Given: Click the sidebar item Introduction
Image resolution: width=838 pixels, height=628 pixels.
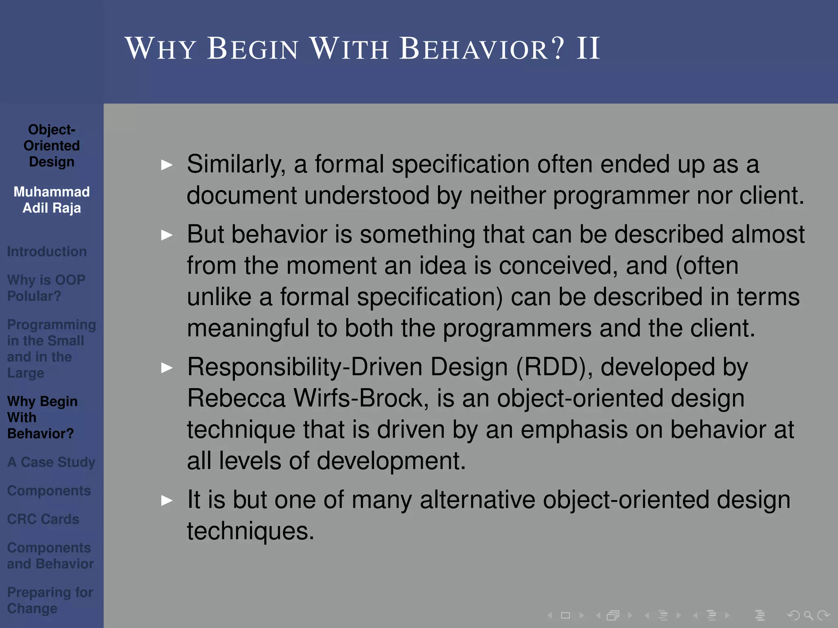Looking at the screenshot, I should pyautogui.click(x=47, y=251).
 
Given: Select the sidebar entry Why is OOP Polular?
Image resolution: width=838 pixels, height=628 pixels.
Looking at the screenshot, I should pyautogui.click(x=46, y=288).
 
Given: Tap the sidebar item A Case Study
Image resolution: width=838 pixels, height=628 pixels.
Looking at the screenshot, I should pyautogui.click(x=51, y=462).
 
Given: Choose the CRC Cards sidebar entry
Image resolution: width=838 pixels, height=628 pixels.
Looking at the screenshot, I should pyautogui.click(x=43, y=519).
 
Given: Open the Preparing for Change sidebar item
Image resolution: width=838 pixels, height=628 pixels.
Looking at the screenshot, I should pyautogui.click(x=50, y=600).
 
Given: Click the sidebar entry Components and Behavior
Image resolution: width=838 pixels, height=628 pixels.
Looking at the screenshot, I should pyautogui.click(x=50, y=556).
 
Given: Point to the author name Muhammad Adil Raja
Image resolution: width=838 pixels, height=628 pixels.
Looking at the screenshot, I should pyautogui.click(x=52, y=200).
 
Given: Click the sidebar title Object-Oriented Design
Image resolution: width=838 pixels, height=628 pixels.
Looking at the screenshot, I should pyautogui.click(x=52, y=146).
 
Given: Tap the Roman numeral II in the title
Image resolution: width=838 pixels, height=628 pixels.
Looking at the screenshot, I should pyautogui.click(x=588, y=49).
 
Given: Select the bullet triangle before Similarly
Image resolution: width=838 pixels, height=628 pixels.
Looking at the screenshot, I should pyautogui.click(x=167, y=165).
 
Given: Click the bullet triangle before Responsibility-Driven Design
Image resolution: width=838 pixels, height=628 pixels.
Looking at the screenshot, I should pyautogui.click(x=167, y=368).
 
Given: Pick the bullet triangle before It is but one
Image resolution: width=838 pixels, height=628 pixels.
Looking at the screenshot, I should pyautogui.click(x=167, y=500).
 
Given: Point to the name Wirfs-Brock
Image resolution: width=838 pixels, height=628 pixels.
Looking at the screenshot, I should pyautogui.click(x=361, y=398).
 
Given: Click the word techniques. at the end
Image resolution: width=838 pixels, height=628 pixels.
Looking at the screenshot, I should pyautogui.click(x=250, y=531).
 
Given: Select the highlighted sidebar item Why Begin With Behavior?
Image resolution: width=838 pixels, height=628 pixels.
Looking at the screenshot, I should pyautogui.click(x=42, y=417).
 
